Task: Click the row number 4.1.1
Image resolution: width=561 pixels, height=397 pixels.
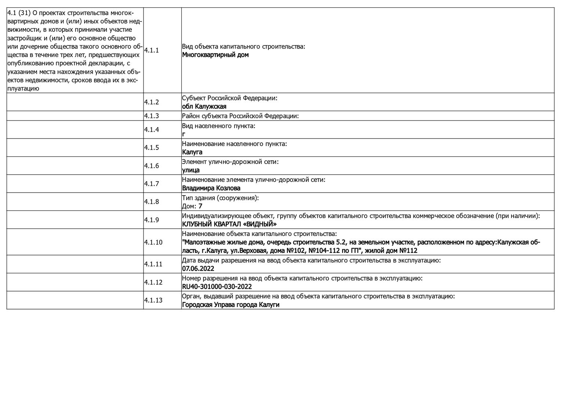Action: pyautogui.click(x=151, y=50)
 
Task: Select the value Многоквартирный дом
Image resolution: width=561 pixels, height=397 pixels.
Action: pyautogui.click(x=215, y=55)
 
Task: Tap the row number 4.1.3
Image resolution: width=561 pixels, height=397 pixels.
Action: pyautogui.click(x=151, y=116)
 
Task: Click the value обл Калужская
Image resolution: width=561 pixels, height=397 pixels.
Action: pyautogui.click(x=204, y=107)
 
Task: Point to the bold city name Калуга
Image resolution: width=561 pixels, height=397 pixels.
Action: pyautogui.click(x=192, y=152)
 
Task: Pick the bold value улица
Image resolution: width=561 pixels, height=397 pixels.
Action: pyautogui.click(x=191, y=170)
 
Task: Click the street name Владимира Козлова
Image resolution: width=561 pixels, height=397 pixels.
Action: pyautogui.click(x=211, y=188)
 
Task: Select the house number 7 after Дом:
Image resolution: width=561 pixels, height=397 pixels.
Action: pyautogui.click(x=200, y=206)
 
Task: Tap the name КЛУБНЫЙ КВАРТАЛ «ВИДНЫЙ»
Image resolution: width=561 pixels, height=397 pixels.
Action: pyautogui.click(x=229, y=224)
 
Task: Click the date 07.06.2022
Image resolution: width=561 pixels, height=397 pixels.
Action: pyautogui.click(x=198, y=269)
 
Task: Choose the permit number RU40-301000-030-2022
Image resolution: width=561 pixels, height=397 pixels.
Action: pyautogui.click(x=217, y=287)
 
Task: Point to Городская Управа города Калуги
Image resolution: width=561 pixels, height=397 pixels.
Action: pyautogui.click(x=231, y=305)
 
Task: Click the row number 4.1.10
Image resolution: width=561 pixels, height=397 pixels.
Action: pyautogui.click(x=153, y=242)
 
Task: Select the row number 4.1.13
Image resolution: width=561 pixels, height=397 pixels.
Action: pyautogui.click(x=153, y=300)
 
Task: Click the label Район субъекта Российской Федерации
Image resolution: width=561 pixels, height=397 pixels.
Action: pyautogui.click(x=240, y=116)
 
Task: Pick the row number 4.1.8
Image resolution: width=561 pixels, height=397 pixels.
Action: pyautogui.click(x=151, y=202)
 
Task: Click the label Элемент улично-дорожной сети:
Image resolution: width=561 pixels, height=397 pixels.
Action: pyautogui.click(x=230, y=162)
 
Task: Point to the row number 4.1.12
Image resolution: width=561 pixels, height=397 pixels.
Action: pyautogui.click(x=153, y=282)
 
